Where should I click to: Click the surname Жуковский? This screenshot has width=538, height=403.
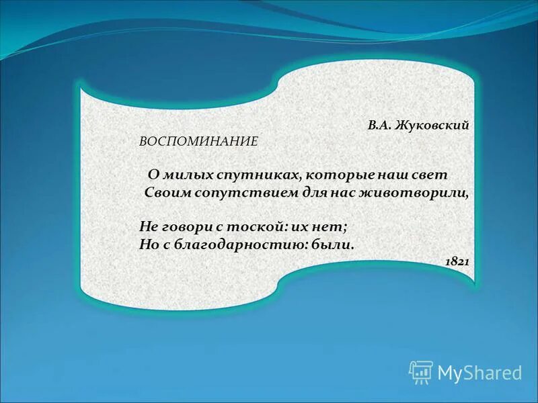pyautogui.click(x=432, y=125)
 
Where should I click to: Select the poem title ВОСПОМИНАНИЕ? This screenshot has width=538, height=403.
pyautogui.click(x=198, y=142)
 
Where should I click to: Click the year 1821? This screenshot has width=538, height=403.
pyautogui.click(x=457, y=261)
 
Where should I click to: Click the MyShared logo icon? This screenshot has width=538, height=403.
pyautogui.click(x=421, y=371)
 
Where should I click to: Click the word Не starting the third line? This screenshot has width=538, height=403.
pyautogui.click(x=148, y=226)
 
